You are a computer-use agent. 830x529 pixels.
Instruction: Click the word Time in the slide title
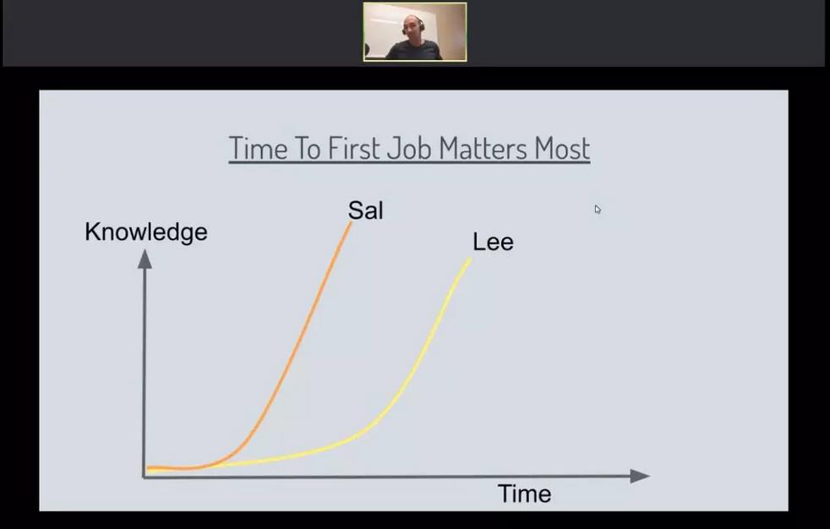(x=258, y=148)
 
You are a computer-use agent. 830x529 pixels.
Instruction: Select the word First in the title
(x=353, y=148)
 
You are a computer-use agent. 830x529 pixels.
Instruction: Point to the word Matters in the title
(x=483, y=148)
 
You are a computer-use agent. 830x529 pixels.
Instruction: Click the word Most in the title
(x=561, y=148)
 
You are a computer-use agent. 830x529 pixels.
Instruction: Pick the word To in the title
(x=307, y=148)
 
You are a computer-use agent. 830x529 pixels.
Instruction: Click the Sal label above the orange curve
(x=366, y=210)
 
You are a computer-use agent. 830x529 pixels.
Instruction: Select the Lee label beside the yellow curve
(x=493, y=243)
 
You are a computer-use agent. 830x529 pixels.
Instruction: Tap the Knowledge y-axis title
(x=146, y=232)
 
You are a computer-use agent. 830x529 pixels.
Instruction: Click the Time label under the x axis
(x=525, y=494)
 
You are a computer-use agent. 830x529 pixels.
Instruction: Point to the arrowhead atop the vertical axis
(x=145, y=259)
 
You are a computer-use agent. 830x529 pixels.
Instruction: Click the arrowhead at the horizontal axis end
(x=640, y=476)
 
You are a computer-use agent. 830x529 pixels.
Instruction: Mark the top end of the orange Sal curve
(x=351, y=223)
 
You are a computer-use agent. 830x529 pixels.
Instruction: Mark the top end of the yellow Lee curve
(x=470, y=259)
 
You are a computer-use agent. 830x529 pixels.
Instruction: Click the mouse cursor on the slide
(x=598, y=210)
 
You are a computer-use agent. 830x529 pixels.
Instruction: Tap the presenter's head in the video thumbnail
(x=412, y=25)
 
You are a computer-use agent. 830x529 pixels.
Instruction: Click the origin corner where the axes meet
(x=144, y=477)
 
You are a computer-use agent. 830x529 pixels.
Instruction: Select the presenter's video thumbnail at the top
(x=415, y=32)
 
